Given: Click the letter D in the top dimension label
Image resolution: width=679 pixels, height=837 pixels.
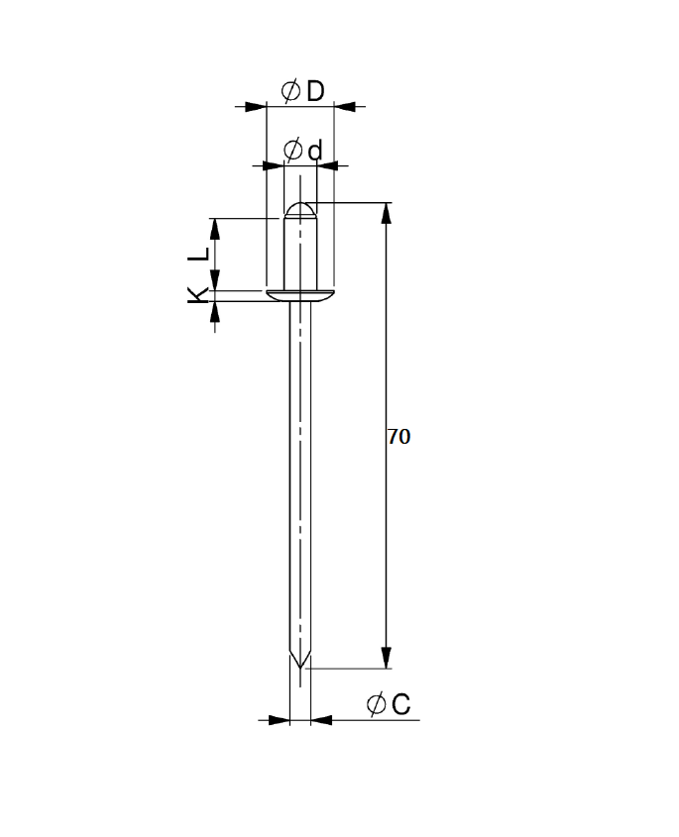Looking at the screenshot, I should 314,91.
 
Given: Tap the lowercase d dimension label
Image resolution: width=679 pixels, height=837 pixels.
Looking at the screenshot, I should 315,151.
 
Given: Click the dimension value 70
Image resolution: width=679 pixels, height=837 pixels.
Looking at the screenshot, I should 398,437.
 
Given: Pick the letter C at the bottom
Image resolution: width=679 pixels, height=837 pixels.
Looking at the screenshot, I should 400,704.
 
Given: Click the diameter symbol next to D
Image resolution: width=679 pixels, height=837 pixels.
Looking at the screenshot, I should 290,91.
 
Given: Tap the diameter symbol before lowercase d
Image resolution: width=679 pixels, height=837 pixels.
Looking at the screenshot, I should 292,151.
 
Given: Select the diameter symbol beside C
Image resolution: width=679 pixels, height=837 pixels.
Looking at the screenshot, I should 376,704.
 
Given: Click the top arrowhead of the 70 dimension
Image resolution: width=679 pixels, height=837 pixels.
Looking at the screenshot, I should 387,213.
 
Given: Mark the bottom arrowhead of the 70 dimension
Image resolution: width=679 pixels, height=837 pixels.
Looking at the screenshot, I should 387,659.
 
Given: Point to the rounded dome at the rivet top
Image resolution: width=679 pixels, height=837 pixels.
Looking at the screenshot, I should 299,209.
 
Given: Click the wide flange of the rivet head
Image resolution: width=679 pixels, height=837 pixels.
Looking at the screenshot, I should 299,295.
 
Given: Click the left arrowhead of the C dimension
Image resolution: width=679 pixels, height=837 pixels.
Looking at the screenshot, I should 278,720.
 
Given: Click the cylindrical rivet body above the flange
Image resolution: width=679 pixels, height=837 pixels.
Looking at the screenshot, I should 299,253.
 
